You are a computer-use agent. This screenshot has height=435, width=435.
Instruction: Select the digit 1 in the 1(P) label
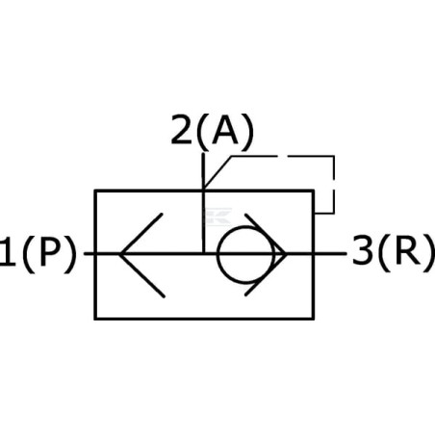pos(8,251)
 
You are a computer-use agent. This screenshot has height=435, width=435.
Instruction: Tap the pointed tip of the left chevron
pos(120,254)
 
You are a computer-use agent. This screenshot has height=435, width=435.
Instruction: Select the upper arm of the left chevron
pos(141,233)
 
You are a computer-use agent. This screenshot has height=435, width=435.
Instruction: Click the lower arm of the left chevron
pos(142,275)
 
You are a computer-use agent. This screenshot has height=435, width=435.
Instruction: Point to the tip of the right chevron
pos(285,254)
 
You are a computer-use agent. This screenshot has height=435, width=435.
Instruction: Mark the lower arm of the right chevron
pos(266,274)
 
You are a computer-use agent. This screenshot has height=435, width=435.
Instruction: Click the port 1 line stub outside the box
pos(90,254)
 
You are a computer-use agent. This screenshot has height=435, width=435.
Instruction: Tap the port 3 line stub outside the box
pos(330,254)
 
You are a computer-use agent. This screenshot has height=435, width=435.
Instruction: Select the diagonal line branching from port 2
pos(217,172)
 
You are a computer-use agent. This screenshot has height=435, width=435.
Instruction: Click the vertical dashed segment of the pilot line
pos(334,185)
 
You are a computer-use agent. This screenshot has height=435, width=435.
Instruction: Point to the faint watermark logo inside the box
pos(218,217)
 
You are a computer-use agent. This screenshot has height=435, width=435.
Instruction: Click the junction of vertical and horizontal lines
pos(203,254)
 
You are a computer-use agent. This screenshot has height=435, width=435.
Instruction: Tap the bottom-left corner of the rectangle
pos(95,319)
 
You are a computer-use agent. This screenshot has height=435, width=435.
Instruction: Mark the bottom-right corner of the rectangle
pos(313,319)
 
